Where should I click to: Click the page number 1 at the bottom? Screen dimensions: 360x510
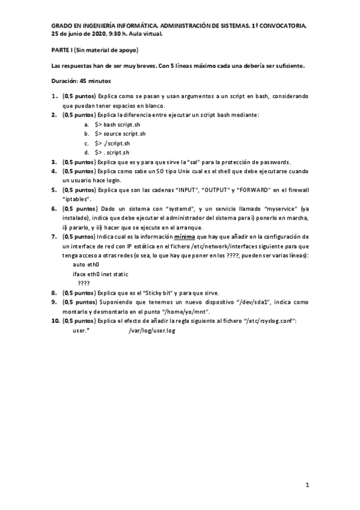pyautogui.click(x=307, y=484)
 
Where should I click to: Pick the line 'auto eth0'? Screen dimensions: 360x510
pyautogui.click(x=85, y=264)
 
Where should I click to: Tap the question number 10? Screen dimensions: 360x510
pyautogui.click(x=55, y=321)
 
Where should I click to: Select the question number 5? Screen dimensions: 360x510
pyautogui.click(x=54, y=190)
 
